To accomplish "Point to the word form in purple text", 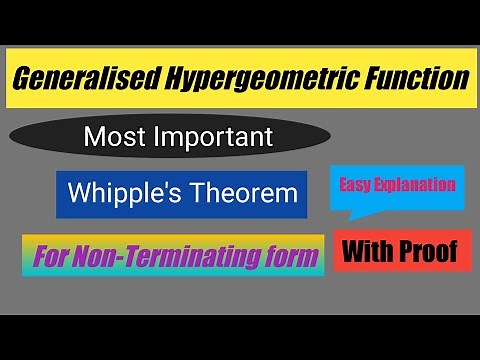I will [x=289, y=257].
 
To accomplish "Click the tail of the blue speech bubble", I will [x=352, y=213].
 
